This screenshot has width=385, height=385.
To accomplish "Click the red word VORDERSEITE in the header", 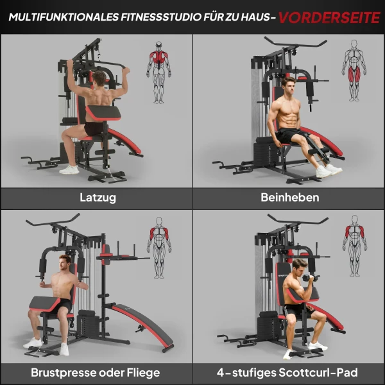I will click(x=329, y=17).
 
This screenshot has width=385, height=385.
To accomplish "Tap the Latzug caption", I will click(x=98, y=198).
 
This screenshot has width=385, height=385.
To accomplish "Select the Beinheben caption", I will click(x=289, y=198).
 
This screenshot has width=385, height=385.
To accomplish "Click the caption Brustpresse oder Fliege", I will click(x=96, y=372).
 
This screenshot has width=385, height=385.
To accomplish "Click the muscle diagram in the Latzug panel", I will click(x=158, y=72).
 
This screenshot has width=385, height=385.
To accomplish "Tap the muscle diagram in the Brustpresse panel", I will click(x=158, y=248).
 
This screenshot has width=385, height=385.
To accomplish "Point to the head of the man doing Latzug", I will click(x=98, y=79).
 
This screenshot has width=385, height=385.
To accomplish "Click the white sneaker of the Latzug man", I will click(x=69, y=169).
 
